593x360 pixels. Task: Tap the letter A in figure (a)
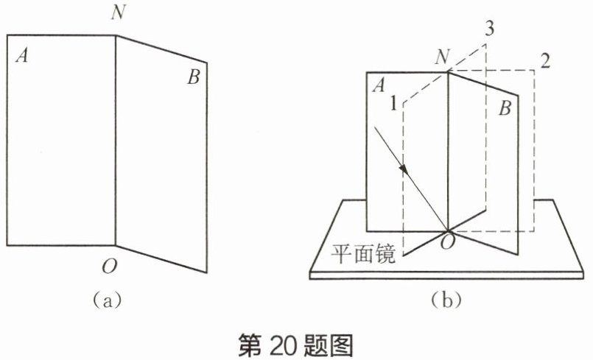[x=22, y=55]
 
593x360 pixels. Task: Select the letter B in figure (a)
[x=194, y=77]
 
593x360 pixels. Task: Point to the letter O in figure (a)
[x=108, y=267]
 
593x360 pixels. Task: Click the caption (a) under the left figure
[x=103, y=300]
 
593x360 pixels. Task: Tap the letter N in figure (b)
[x=443, y=57]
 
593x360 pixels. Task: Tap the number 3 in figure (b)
[x=489, y=29]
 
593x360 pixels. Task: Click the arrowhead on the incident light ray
[x=404, y=169]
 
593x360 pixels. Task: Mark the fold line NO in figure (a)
[x=115, y=140]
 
